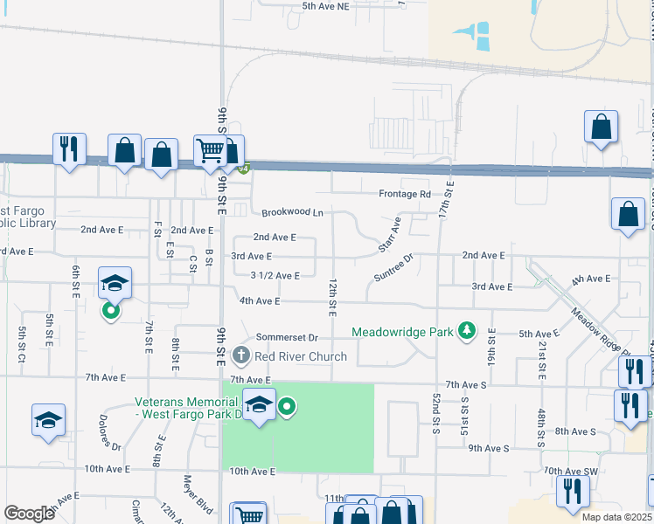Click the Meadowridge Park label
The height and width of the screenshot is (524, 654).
pyautogui.click(x=404, y=332)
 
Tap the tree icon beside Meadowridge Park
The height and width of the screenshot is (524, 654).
pyautogui.click(x=468, y=330)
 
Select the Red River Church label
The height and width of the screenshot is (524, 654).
pyautogui.click(x=301, y=356)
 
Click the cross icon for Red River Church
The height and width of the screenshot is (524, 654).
pyautogui.click(x=241, y=355)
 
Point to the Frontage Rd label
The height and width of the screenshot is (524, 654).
pyautogui.click(x=405, y=194)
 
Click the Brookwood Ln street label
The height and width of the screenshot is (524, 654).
pyautogui.click(x=292, y=212)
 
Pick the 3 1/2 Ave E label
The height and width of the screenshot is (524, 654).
pyautogui.click(x=275, y=275)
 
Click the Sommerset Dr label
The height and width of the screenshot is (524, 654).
pyautogui.click(x=286, y=337)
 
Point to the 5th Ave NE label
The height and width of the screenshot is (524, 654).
pyautogui.click(x=325, y=6)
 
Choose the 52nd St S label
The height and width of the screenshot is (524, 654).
pyautogui.click(x=435, y=408)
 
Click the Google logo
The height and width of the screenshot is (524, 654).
pyautogui.click(x=28, y=513)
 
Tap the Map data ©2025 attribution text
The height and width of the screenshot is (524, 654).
pyautogui.click(x=616, y=517)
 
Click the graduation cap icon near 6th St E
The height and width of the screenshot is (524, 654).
pyautogui.click(x=115, y=284)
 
